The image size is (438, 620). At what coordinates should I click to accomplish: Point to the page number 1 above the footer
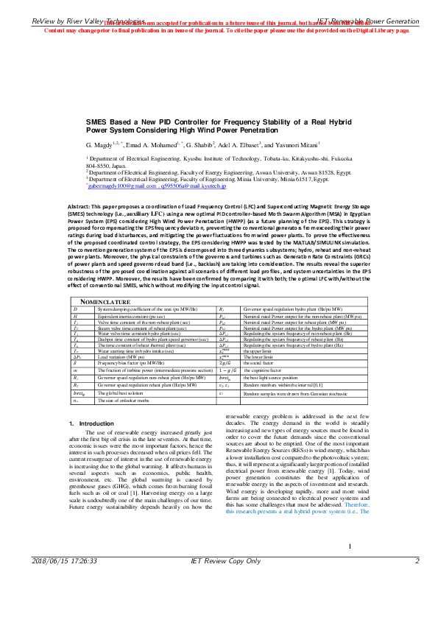pos(350,587)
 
